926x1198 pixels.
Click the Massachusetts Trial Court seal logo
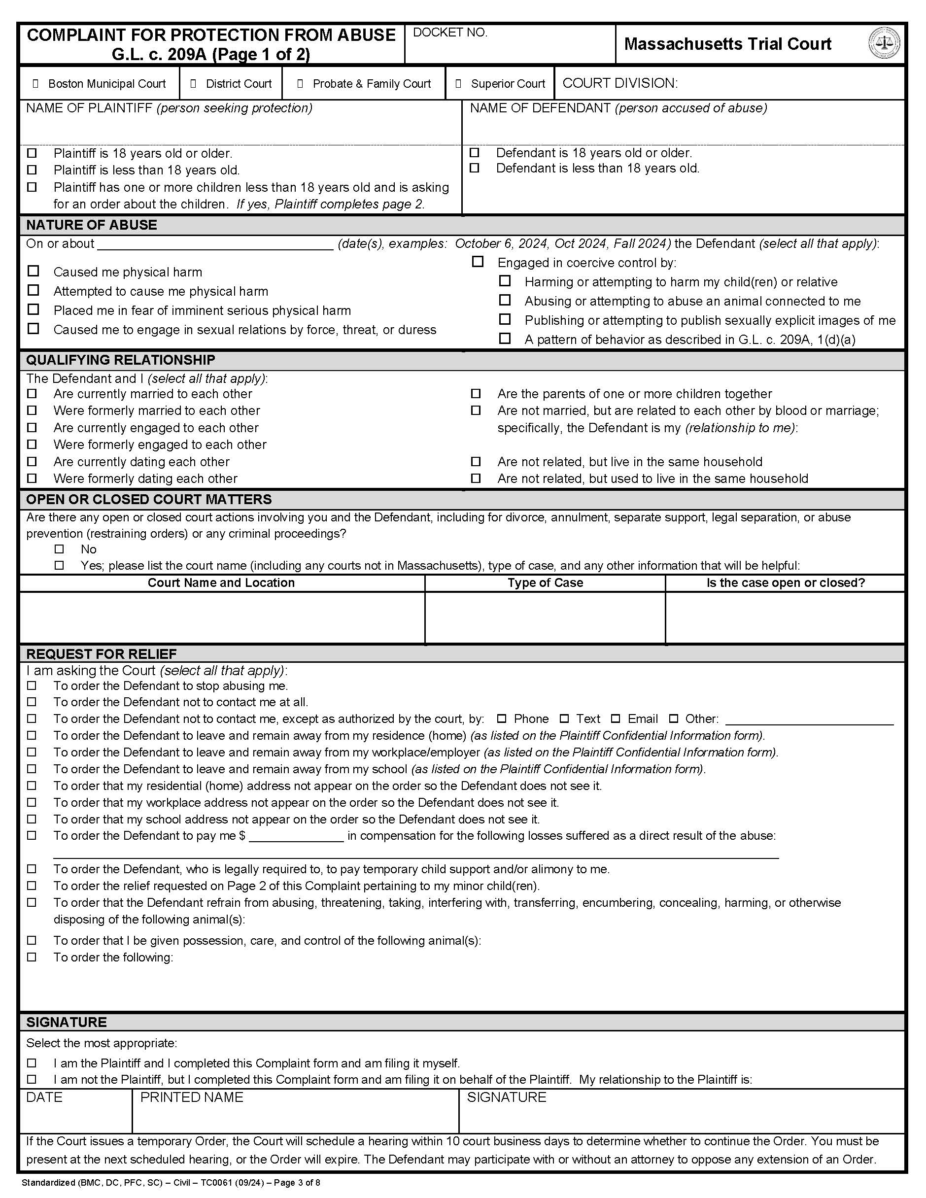click(x=884, y=43)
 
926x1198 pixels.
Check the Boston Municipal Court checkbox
click(x=35, y=84)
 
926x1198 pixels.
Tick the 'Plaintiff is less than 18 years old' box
click(x=33, y=170)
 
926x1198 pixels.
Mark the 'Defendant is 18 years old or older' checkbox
click(x=475, y=152)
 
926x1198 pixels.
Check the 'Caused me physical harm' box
click(x=34, y=271)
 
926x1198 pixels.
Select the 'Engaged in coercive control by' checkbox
click(x=478, y=262)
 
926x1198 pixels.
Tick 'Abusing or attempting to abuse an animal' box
click(x=505, y=300)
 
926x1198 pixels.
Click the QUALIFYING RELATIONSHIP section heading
click(x=121, y=360)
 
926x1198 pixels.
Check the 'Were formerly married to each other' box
click(x=33, y=411)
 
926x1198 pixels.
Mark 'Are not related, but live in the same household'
click(x=476, y=461)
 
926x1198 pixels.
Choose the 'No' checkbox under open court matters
click(x=59, y=549)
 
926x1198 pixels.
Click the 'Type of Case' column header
click(x=545, y=582)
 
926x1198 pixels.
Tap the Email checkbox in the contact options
click(x=616, y=719)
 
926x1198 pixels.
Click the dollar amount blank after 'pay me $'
click(x=296, y=836)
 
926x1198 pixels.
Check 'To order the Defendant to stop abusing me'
click(x=33, y=685)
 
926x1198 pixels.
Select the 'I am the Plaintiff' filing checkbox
click(x=33, y=1063)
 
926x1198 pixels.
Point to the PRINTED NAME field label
click(x=191, y=1097)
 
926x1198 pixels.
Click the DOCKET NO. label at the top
click(x=450, y=33)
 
